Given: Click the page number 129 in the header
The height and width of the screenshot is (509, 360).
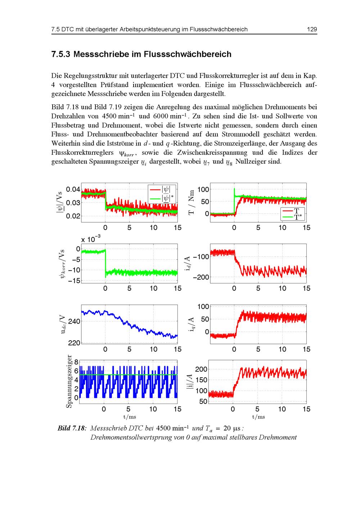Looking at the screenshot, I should click(x=312, y=29).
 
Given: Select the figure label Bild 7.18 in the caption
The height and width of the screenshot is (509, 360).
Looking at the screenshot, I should click(x=72, y=428).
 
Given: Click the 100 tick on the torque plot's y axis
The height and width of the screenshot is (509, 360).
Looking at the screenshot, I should click(x=203, y=190).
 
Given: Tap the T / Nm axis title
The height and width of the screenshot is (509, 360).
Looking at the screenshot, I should click(x=191, y=202).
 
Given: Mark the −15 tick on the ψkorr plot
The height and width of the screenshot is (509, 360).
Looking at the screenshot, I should click(x=74, y=281).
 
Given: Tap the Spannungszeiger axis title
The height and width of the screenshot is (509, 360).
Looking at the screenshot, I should click(x=69, y=381).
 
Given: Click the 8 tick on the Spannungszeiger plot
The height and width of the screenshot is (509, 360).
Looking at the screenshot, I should click(x=76, y=362).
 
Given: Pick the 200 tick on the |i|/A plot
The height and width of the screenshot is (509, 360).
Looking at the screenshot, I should click(x=201, y=369).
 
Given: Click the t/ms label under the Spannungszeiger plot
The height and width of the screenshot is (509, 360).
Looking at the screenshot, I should click(x=130, y=417).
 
